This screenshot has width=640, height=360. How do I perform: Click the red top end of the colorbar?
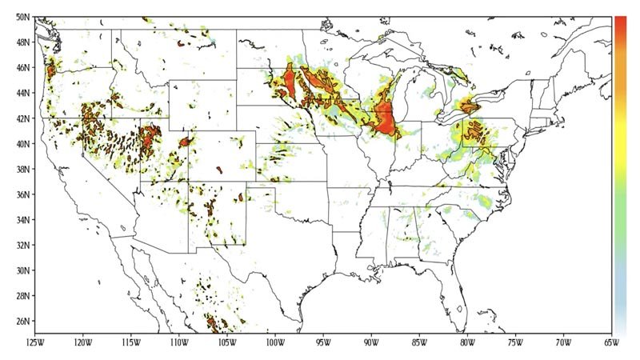621,24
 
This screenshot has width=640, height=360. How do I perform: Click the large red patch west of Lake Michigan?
386,120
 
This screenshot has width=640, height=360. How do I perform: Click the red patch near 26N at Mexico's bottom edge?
214,323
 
